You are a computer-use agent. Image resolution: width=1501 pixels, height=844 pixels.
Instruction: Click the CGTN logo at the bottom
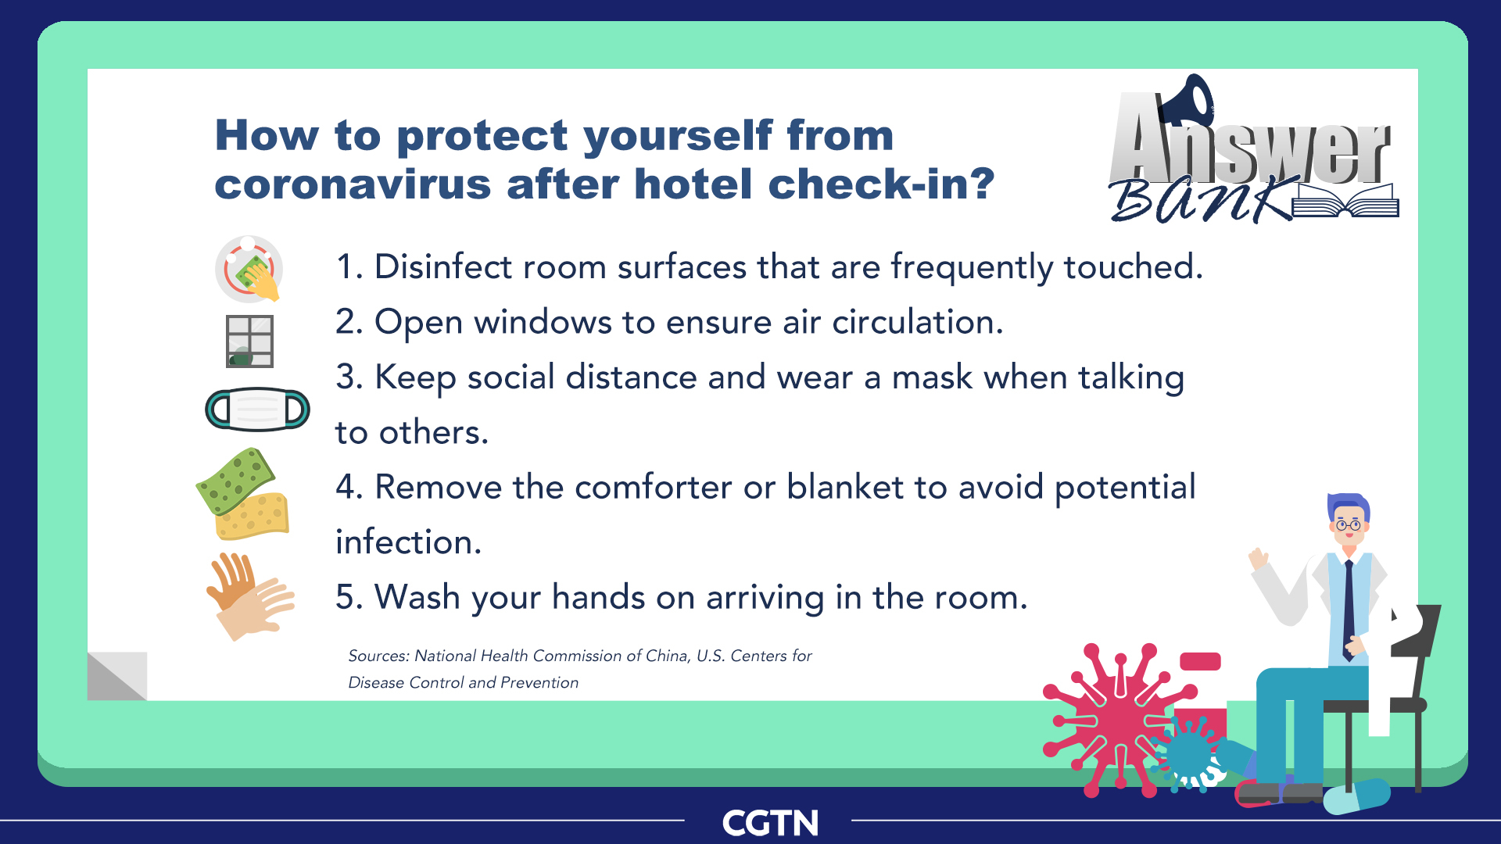770,823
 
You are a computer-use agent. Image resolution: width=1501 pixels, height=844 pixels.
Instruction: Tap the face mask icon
257,409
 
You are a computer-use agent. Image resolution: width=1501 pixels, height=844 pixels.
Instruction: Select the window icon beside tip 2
249,341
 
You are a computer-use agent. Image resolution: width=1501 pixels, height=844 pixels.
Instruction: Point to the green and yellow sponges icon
242,494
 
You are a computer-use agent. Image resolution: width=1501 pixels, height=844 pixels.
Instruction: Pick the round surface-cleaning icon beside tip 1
249,270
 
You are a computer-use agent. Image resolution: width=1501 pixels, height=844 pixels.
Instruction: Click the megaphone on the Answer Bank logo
1187,100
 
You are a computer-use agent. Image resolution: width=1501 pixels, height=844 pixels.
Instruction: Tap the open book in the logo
1345,201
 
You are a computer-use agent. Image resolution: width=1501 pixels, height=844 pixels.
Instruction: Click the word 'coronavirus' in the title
353,184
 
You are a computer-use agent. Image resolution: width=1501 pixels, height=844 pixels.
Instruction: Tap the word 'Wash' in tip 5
417,598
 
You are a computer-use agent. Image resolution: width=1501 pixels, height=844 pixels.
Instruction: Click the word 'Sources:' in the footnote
378,656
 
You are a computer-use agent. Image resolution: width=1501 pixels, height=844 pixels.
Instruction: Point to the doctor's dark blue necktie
1349,610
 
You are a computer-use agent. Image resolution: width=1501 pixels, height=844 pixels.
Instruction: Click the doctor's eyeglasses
1348,525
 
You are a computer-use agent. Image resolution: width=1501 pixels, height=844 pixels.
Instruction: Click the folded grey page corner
117,677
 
